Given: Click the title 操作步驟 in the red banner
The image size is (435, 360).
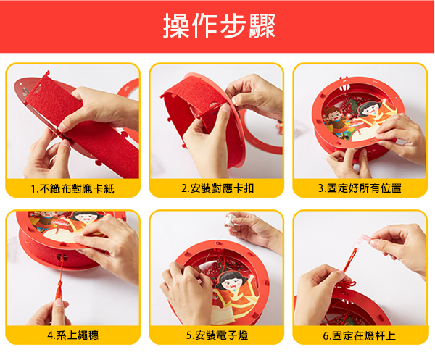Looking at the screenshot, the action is pyautogui.click(x=219, y=26).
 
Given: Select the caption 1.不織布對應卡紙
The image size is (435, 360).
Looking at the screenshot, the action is pyautogui.click(x=72, y=189).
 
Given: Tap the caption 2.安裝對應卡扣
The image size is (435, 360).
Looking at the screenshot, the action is pyautogui.click(x=217, y=188).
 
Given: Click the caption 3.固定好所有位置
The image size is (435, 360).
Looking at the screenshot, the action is pyautogui.click(x=360, y=188).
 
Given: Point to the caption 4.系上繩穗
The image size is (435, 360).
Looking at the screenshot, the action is pyautogui.click(x=73, y=335).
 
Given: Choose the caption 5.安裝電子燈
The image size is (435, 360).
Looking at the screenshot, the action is pyautogui.click(x=217, y=335).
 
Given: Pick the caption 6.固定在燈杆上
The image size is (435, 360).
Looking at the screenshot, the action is pyautogui.click(x=360, y=335).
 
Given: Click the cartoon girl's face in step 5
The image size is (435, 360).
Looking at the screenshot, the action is pyautogui.click(x=231, y=283).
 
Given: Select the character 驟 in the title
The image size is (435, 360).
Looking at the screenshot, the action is pyautogui.click(x=262, y=26).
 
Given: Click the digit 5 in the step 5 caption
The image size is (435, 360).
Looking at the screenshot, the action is pyautogui.click(x=188, y=336).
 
